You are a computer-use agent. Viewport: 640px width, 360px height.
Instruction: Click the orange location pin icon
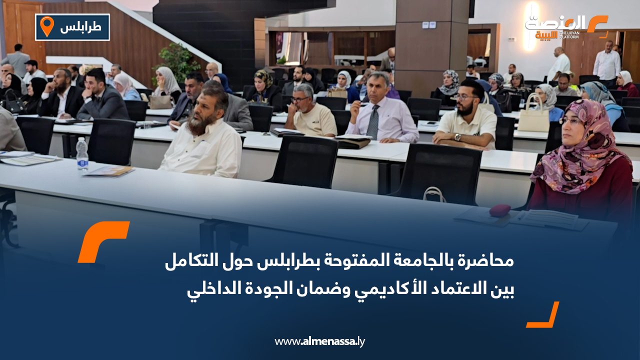point(46,26)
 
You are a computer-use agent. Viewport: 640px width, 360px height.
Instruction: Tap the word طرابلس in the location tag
point(80,27)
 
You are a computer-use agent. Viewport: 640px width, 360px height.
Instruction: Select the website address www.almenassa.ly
point(320,341)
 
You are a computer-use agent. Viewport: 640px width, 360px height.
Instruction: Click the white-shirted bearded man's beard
point(198,124)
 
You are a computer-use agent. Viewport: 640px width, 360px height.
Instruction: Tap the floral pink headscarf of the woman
point(583,145)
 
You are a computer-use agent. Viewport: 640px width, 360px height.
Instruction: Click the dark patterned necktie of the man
point(373,122)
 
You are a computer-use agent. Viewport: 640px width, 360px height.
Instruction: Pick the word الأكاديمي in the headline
point(377,289)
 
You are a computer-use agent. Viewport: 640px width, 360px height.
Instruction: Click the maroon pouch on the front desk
point(499,210)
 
